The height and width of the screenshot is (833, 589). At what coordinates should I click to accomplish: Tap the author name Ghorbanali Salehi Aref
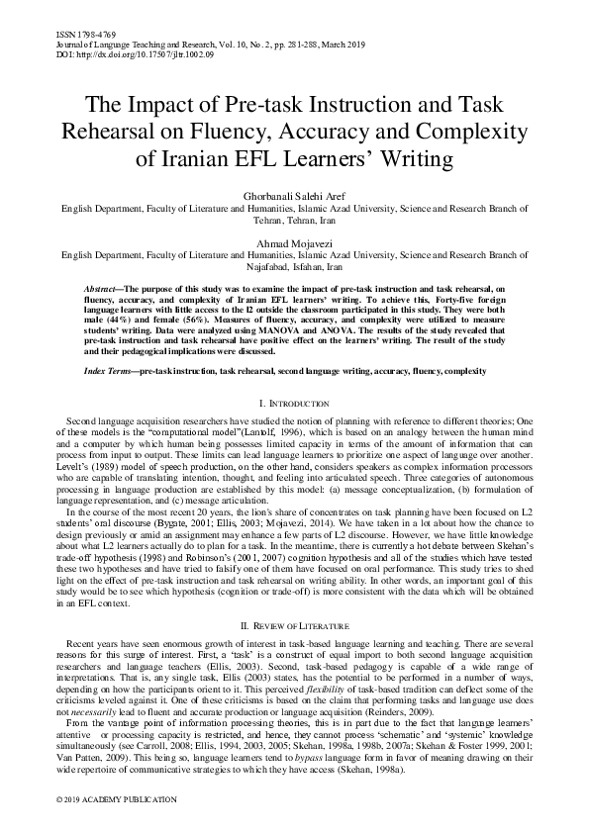[x=294, y=198]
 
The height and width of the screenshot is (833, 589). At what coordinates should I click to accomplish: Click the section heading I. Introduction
[x=294, y=404]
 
